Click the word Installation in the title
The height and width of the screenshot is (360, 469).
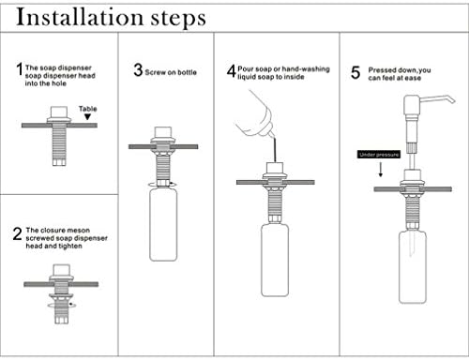(x=80, y=18)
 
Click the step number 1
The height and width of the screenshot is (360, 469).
(x=20, y=69)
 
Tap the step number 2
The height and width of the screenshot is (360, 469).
(x=18, y=233)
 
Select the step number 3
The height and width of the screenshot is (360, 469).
(x=138, y=70)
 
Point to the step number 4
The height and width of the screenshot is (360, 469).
(x=232, y=70)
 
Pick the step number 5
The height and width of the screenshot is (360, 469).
(x=356, y=72)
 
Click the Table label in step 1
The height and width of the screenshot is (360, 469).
(x=88, y=109)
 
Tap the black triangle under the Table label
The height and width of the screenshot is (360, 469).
(x=88, y=117)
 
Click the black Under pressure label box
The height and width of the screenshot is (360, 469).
(x=379, y=155)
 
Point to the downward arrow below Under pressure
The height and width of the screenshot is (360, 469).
(x=381, y=170)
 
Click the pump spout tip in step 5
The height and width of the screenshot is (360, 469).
(x=452, y=100)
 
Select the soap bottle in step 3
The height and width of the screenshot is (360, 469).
(x=163, y=224)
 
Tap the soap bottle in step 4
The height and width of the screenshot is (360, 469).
(x=275, y=260)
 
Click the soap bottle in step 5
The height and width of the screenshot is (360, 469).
(x=413, y=267)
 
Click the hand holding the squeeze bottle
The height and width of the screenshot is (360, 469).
(x=254, y=113)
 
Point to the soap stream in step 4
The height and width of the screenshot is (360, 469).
(x=275, y=150)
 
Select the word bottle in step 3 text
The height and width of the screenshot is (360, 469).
(x=187, y=72)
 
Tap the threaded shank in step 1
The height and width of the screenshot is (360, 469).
(x=59, y=142)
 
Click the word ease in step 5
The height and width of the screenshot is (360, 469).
(x=413, y=78)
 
